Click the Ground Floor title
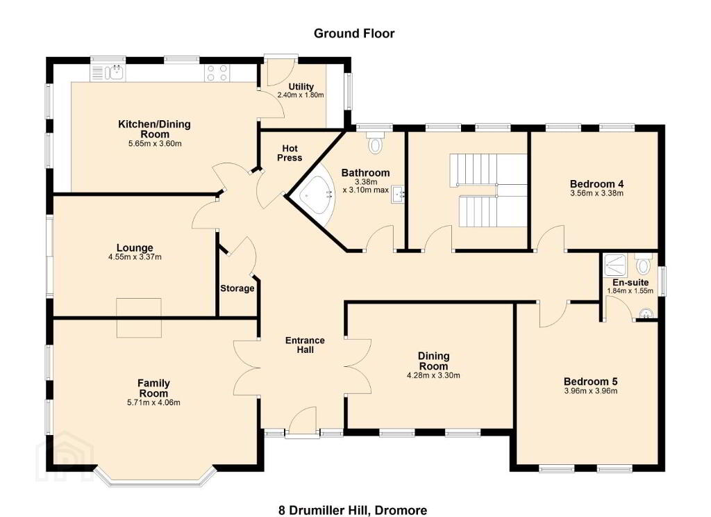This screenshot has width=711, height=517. click(x=354, y=33)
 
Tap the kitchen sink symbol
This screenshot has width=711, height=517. click(x=108, y=73)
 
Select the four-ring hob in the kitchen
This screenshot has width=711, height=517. click(x=217, y=73)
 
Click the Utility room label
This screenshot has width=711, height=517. click(x=301, y=86)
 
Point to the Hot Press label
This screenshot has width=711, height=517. click(x=290, y=153)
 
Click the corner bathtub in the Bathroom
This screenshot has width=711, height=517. click(x=315, y=195)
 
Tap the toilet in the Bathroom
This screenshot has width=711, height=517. click(x=375, y=142)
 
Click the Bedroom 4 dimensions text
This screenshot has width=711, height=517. click(x=596, y=193)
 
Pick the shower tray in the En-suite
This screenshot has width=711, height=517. click(x=615, y=265)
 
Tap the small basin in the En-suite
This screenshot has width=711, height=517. click(x=646, y=313)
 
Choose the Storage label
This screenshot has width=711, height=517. click(x=237, y=288)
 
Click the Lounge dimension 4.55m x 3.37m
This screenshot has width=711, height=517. click(x=135, y=257)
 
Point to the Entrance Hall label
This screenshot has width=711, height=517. click(x=305, y=345)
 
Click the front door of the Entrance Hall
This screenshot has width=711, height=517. click(x=302, y=422)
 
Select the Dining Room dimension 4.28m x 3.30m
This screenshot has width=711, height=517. click(x=433, y=375)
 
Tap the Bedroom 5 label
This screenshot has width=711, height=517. click(x=590, y=381)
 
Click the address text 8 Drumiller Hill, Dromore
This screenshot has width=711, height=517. click(x=353, y=510)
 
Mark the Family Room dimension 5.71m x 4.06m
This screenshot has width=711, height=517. click(x=153, y=402)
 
